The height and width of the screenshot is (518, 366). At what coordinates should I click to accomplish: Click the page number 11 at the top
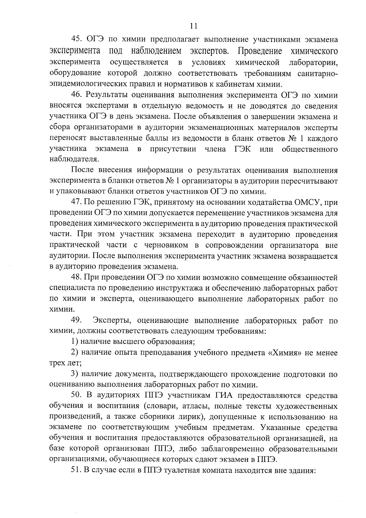pos(193,26)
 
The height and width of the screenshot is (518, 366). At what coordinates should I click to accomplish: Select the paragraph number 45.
pos(76,40)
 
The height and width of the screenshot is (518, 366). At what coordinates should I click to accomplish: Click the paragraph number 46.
pos(76,95)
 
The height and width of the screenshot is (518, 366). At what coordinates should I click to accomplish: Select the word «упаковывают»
pos(75,192)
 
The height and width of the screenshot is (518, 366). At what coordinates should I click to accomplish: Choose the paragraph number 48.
pos(76,277)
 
